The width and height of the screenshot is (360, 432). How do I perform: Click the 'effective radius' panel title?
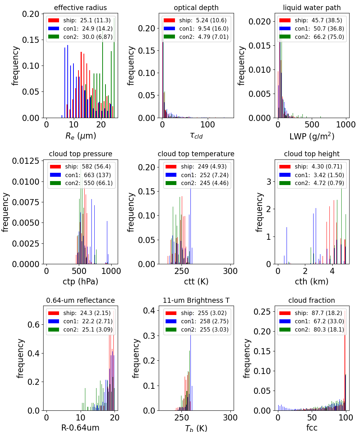(80, 8)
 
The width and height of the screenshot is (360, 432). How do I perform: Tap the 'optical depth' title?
(196, 8)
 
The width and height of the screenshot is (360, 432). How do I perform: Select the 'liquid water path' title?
(312, 8)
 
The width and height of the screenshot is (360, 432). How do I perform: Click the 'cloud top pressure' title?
(81, 154)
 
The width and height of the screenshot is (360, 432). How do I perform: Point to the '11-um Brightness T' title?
(196, 300)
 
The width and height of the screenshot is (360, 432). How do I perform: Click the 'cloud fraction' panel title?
(312, 300)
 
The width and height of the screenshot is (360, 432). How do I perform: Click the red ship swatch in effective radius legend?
(54, 20)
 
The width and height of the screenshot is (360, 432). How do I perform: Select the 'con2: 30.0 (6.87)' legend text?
(88, 37)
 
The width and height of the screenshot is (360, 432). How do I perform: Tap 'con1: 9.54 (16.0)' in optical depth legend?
(204, 28)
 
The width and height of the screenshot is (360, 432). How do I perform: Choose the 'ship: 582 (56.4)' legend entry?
(88, 167)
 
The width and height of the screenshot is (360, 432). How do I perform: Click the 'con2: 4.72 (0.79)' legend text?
(319, 183)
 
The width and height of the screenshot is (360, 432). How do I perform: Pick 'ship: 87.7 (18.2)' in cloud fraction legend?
(318, 313)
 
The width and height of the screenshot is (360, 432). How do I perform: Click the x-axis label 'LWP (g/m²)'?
(312, 136)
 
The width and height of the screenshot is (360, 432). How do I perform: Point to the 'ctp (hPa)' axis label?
(81, 282)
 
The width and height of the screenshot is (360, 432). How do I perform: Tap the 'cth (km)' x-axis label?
(312, 282)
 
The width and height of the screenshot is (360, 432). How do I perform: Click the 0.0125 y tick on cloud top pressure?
(26, 161)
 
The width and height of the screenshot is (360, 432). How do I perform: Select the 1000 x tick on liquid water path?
(346, 125)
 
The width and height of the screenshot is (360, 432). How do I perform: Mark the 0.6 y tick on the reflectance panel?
(33, 325)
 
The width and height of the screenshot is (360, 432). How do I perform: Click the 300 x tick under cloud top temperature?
(230, 271)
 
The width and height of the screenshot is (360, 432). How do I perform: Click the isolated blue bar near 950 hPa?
(107, 243)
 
